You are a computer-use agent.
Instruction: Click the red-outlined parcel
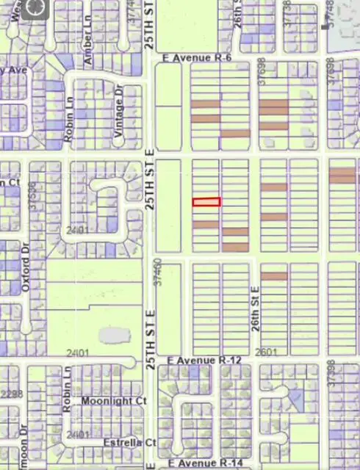click(x=206, y=202)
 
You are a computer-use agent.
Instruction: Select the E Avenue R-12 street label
click(x=204, y=361)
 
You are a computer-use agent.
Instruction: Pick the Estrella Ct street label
click(x=130, y=443)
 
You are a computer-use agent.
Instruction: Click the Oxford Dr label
click(x=26, y=274)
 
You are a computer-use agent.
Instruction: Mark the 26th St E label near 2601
click(x=256, y=309)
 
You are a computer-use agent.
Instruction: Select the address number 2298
click(x=10, y=394)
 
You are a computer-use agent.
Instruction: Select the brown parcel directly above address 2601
click(x=273, y=276)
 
